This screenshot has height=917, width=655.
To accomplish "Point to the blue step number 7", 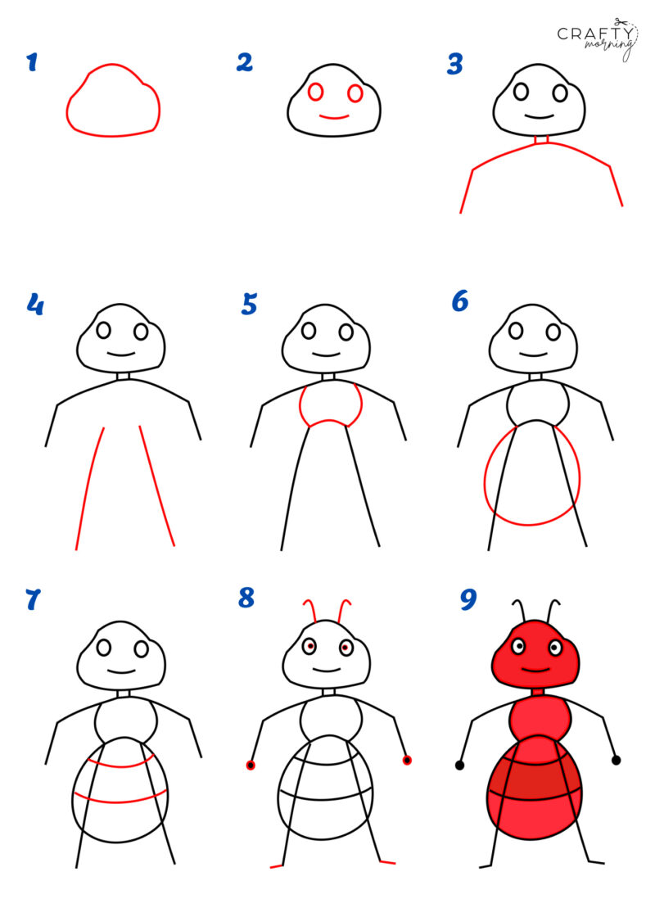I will (x=33, y=600).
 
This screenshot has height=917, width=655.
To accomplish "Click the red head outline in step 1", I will (x=113, y=133).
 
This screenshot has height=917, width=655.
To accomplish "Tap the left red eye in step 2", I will (x=316, y=93).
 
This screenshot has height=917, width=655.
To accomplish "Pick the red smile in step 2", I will (x=334, y=117).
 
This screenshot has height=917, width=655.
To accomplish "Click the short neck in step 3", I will (x=539, y=139).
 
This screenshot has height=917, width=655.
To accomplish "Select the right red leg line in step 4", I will (x=157, y=487).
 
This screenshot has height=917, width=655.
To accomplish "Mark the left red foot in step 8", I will (x=277, y=865).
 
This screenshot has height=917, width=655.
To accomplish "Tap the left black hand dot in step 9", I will (x=459, y=765).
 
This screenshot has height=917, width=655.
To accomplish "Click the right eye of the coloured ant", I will (x=555, y=648).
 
